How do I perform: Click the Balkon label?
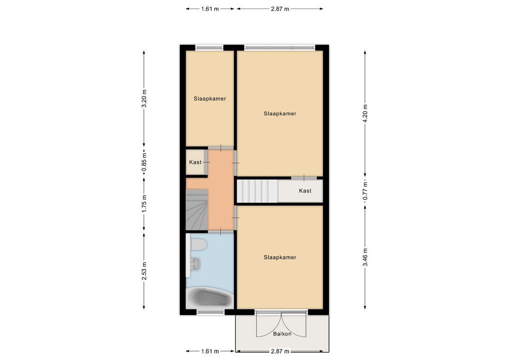[x=282, y=333]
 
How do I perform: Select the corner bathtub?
[x=209, y=298]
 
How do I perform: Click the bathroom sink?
[x=195, y=263]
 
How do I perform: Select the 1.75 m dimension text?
[x=144, y=204]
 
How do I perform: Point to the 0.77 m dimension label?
[x=365, y=190]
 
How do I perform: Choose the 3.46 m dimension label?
[x=365, y=257]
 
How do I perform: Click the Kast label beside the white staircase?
[x=305, y=191]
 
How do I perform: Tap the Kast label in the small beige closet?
[x=195, y=162]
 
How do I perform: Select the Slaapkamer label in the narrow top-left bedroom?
[x=209, y=98]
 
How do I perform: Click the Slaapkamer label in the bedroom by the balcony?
[x=280, y=257]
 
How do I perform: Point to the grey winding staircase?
[x=196, y=209]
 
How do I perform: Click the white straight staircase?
[x=257, y=191]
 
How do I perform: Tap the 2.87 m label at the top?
[x=280, y=9]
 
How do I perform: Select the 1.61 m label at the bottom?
[x=209, y=351]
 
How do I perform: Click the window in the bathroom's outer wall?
[x=210, y=312]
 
